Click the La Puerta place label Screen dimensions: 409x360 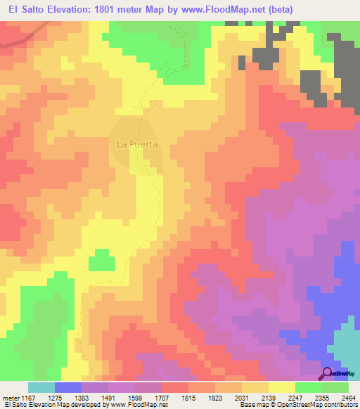pyautogui.click(x=136, y=144)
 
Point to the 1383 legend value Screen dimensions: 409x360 pyautogui.click(x=95, y=397)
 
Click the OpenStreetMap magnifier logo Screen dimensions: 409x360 pyautogui.click(x=328, y=373)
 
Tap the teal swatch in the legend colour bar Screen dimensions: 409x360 pyautogui.click(x=41, y=387)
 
